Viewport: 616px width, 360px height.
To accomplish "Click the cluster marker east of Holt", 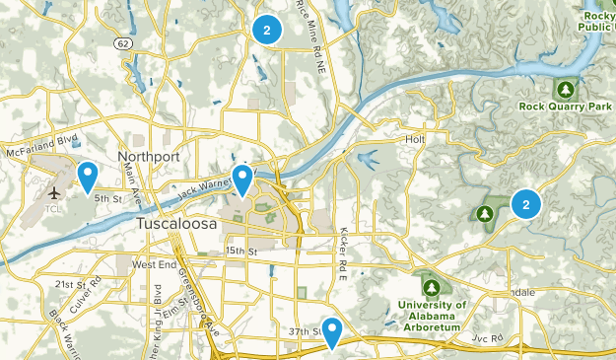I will [526, 204].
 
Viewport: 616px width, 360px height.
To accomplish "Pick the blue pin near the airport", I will [87, 177].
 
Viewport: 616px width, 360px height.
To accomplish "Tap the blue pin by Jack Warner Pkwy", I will [241, 180].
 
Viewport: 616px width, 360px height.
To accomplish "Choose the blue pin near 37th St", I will [332, 332].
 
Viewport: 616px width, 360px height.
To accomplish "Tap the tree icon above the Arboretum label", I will [431, 287].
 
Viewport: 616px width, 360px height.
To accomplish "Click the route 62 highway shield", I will [121, 44].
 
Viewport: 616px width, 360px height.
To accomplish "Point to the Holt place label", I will [414, 139].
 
